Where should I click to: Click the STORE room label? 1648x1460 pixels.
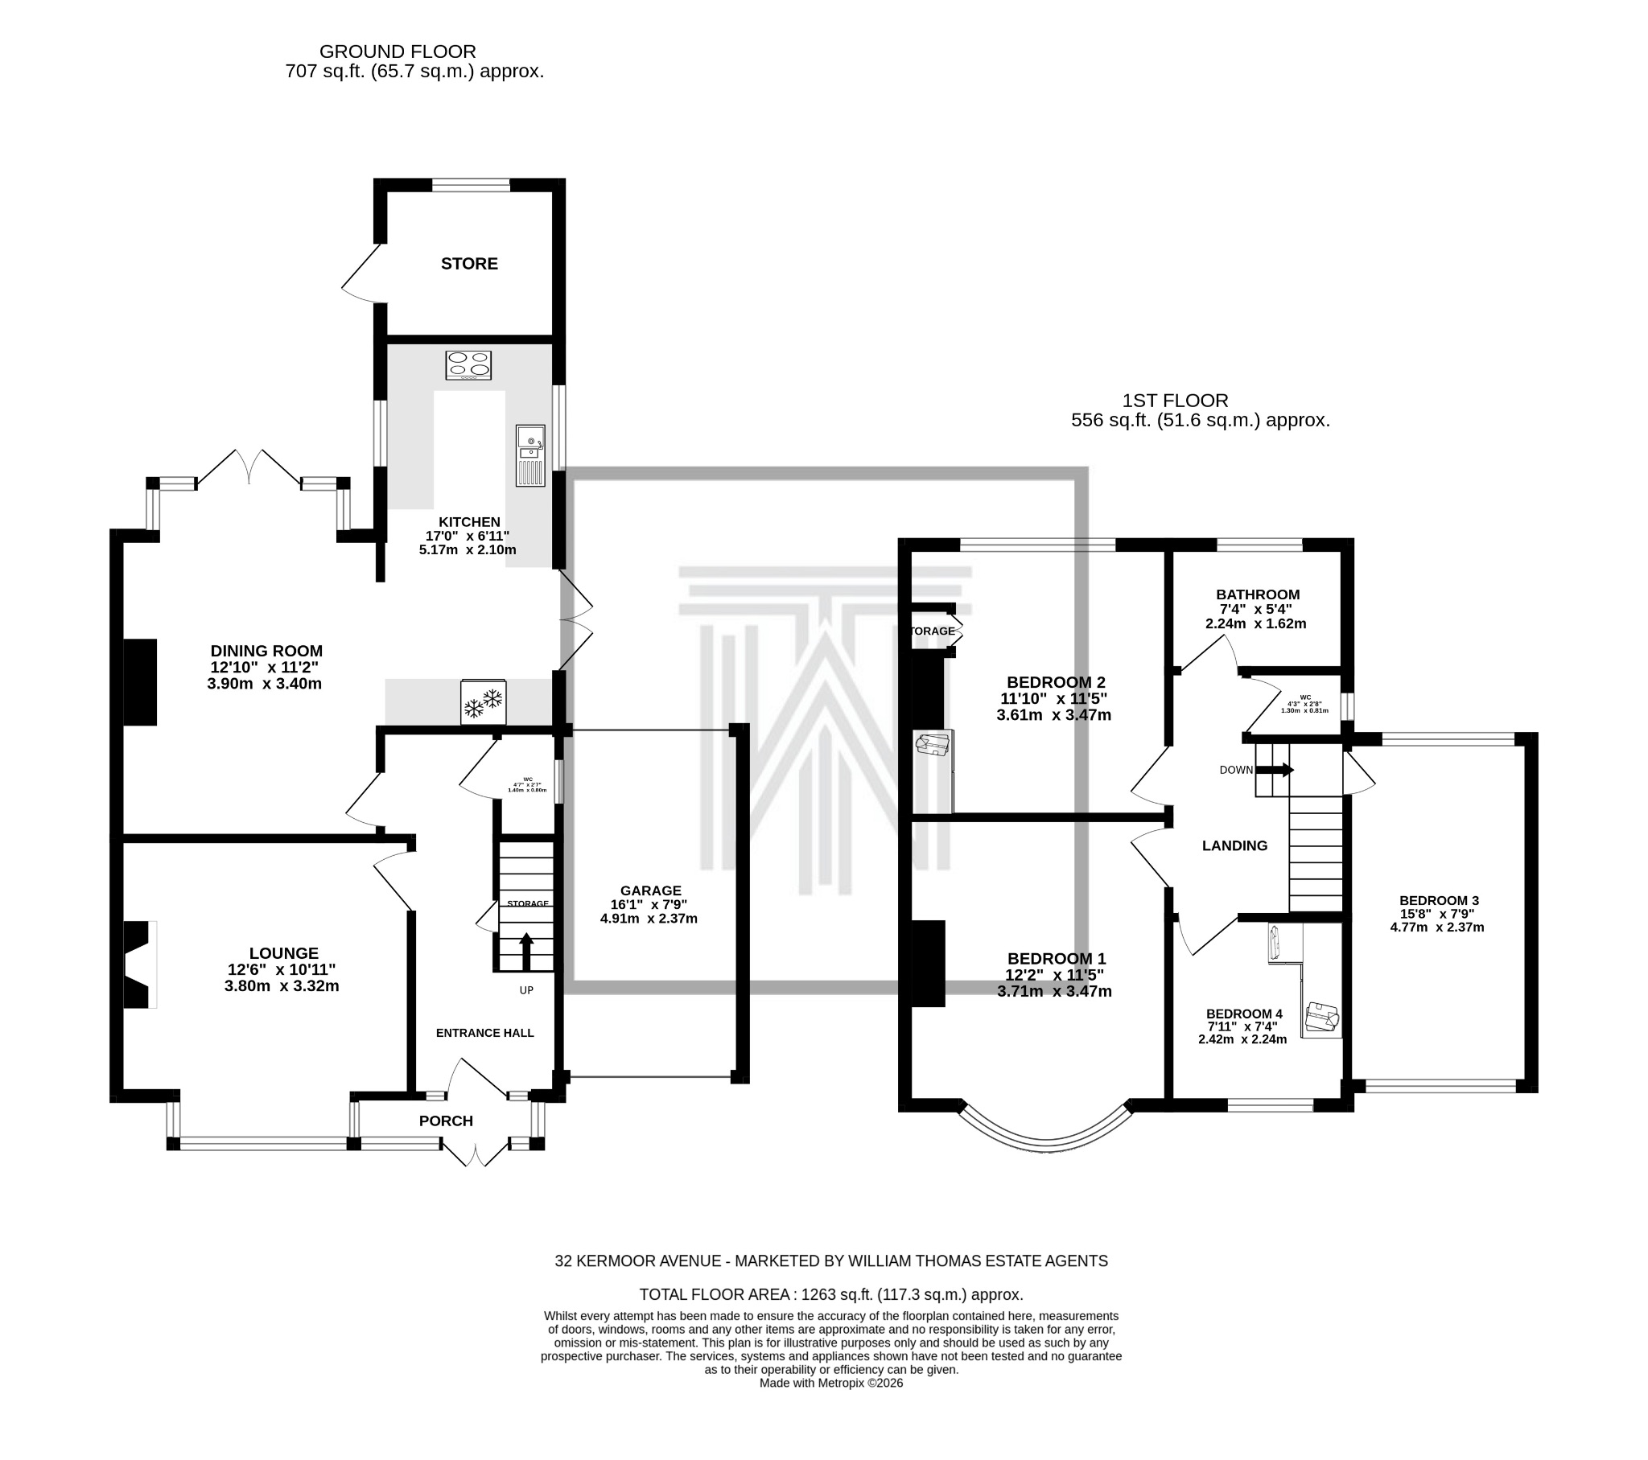click(469, 264)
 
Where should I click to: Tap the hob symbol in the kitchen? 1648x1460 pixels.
click(468, 365)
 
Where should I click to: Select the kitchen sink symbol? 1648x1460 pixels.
click(530, 454)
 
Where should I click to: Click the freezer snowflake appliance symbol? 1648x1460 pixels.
click(483, 702)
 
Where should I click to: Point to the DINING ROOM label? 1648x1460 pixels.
click(266, 651)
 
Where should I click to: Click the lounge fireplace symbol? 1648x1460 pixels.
click(138, 964)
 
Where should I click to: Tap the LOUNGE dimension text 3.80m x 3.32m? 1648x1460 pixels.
click(282, 986)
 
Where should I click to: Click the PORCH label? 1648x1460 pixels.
click(446, 1121)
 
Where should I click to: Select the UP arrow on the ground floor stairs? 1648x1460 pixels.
click(525, 952)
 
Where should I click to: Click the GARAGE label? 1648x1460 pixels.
click(650, 890)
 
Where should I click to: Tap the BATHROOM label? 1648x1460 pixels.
click(1258, 595)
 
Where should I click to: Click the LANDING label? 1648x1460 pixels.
click(1234, 845)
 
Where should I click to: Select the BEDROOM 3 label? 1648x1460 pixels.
click(1438, 900)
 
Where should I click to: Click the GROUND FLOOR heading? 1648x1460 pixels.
click(398, 51)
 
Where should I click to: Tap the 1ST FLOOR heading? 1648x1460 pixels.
click(1175, 401)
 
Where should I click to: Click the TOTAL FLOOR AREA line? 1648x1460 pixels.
click(830, 1295)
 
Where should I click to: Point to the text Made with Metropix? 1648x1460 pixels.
click(830, 1383)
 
